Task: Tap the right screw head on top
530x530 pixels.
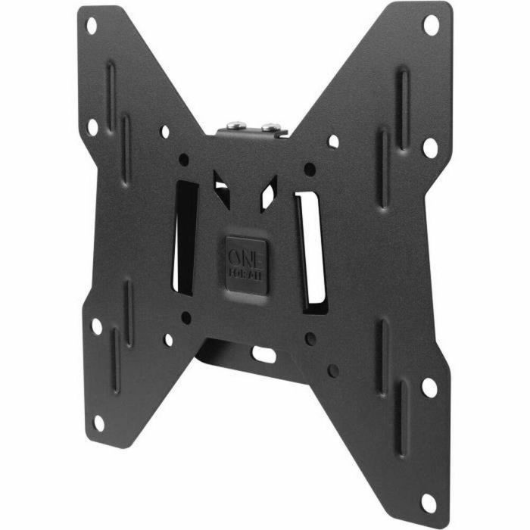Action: (267, 120)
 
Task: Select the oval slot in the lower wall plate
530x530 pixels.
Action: (263, 352)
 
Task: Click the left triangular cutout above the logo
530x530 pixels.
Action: (221, 188)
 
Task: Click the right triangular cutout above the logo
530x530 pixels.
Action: (268, 190)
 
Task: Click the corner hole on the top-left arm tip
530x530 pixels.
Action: (92, 26)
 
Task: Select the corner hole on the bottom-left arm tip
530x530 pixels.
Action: (98, 422)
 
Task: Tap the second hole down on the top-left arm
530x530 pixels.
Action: (92, 126)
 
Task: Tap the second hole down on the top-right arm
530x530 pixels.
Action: (429, 148)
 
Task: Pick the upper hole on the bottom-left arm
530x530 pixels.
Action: (96, 326)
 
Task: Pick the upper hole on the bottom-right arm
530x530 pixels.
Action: (429, 388)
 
